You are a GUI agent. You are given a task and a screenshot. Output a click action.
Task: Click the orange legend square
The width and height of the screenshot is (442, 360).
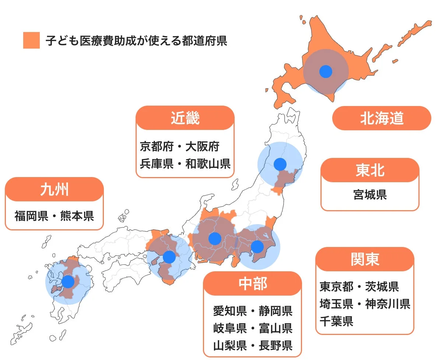tap(31, 40)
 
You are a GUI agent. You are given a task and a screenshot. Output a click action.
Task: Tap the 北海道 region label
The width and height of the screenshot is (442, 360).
tap(382, 118)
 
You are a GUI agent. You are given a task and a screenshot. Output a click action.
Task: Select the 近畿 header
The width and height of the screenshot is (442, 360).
tap(185, 118)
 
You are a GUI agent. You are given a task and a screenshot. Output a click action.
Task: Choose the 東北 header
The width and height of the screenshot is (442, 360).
tap(370, 170)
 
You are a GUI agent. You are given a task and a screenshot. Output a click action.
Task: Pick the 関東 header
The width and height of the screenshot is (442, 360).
tap(365, 260)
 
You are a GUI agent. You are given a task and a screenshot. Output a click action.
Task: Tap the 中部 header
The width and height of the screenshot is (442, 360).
tap(252, 284)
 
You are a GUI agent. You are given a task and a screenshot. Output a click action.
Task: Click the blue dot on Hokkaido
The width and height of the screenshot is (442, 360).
tap(326, 71)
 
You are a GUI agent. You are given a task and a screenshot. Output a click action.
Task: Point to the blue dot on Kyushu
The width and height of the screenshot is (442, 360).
tap(68, 282)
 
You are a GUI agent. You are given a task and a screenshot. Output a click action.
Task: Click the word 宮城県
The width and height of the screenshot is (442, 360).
tap(370, 194)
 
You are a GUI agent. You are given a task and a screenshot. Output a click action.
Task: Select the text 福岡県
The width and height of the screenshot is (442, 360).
tap(31, 216)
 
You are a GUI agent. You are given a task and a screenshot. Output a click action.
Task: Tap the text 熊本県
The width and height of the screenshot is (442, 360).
tap(77, 216)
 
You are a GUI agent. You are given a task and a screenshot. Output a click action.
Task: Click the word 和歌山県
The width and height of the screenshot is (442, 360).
tap(208, 163)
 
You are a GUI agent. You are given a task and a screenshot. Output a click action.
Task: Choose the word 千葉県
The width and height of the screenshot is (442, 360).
tap(336, 321)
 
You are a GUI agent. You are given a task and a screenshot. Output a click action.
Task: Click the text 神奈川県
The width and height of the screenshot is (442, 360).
tap(388, 304)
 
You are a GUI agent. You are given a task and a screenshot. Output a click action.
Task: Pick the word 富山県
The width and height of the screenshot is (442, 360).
tap(276, 328)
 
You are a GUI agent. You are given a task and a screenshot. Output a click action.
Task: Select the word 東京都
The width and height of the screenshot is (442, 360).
tap(336, 286)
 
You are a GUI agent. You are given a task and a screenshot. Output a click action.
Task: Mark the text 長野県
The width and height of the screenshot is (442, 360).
tap(276, 346)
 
